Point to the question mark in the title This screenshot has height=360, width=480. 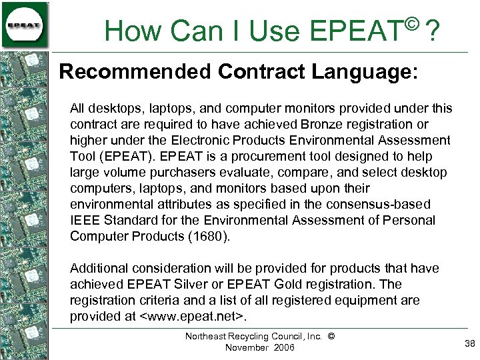click(x=433, y=31)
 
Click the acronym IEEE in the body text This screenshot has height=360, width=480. click(x=84, y=220)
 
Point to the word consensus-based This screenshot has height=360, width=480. click(x=346, y=204)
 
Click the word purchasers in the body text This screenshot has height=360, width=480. click(x=165, y=172)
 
